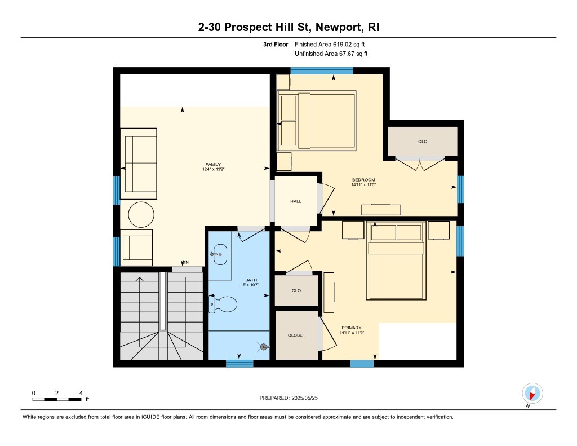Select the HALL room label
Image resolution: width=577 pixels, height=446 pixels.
[296, 201]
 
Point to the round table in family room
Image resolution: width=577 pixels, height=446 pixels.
[141, 215]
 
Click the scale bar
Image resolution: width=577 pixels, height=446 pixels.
[57, 399]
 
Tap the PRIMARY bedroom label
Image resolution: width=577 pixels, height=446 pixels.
[352, 328]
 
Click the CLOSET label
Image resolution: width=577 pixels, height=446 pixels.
[296, 335]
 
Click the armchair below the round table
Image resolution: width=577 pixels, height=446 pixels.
[136, 248]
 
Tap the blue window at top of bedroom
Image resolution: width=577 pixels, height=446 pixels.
[322, 70]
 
